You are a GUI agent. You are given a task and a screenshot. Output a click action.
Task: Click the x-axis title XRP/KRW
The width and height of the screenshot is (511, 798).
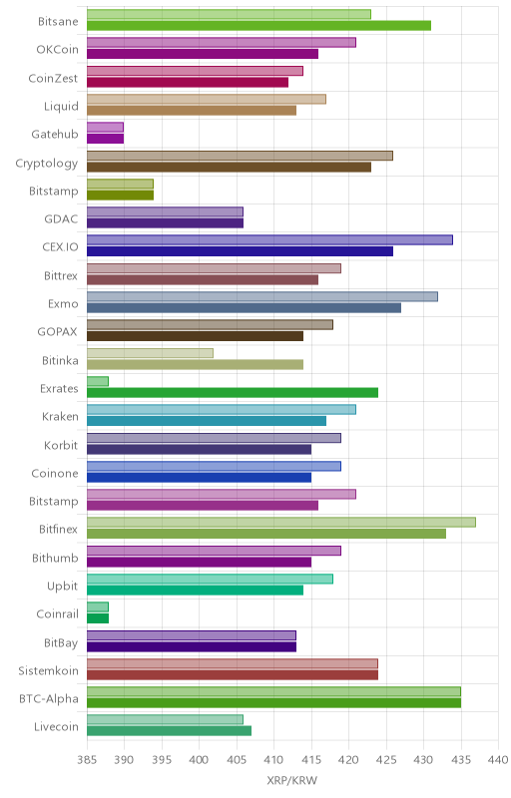pyautogui.click(x=291, y=781)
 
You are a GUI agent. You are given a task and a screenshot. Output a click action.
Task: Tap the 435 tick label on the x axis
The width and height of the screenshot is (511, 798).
pyautogui.click(x=461, y=760)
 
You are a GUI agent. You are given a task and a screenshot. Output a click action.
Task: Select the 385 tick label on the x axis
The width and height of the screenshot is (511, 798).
pyautogui.click(x=87, y=760)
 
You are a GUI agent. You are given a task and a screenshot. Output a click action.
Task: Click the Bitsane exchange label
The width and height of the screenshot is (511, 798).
pyautogui.click(x=58, y=21)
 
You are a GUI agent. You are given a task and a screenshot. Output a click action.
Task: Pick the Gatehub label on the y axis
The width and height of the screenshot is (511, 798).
pyautogui.click(x=55, y=135)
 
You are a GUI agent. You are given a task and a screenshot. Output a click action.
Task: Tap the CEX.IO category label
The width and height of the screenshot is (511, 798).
pyautogui.click(x=61, y=247)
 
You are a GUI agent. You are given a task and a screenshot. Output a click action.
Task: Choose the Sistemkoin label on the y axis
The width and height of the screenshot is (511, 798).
pyautogui.click(x=48, y=670)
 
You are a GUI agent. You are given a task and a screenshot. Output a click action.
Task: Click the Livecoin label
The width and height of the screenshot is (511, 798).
pyautogui.click(x=57, y=727)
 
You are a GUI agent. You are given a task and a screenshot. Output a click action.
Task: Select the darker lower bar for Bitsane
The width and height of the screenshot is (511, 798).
pyautogui.click(x=259, y=26)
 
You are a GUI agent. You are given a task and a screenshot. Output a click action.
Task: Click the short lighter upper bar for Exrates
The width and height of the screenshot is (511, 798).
pyautogui.click(x=98, y=381)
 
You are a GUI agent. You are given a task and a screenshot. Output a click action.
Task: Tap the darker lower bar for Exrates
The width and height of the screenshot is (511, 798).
pyautogui.click(x=233, y=392)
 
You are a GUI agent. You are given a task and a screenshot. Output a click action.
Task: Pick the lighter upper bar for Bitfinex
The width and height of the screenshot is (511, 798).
pyautogui.click(x=281, y=522)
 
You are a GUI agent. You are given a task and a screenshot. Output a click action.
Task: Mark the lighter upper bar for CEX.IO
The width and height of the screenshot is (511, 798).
pyautogui.click(x=269, y=239)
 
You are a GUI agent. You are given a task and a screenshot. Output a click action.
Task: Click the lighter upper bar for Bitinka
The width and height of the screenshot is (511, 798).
pyautogui.click(x=150, y=353)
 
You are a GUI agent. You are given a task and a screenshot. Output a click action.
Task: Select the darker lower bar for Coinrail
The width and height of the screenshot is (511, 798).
pyautogui.click(x=98, y=618)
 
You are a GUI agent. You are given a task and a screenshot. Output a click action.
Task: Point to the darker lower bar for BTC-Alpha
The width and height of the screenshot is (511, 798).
pyautogui.click(x=273, y=703)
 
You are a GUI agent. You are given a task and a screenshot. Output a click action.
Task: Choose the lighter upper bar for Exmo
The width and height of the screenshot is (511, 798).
pyautogui.click(x=262, y=296)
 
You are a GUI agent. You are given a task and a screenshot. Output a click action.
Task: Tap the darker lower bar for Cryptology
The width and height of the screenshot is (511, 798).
pyautogui.click(x=229, y=167)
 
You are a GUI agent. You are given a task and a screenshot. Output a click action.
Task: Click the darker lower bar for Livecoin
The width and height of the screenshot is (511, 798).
pyautogui.click(x=169, y=731)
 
